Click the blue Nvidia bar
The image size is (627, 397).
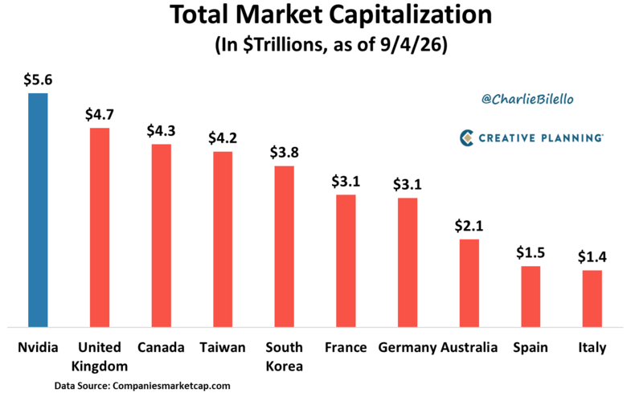[38, 211]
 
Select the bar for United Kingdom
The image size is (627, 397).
[100, 227]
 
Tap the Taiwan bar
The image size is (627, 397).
[223, 239]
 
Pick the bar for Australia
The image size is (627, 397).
[469, 284]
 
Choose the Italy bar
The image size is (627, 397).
[592, 299]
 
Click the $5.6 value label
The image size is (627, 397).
[38, 80]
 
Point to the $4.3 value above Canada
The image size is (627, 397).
[161, 131]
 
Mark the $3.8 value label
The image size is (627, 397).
[285, 153]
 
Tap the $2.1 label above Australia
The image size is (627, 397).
[469, 226]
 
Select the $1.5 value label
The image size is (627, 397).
[531, 252]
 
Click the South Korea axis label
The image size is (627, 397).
[285, 357]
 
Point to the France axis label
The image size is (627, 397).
[346, 347]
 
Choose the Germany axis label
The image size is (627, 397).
[408, 348]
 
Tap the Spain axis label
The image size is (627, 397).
[531, 348]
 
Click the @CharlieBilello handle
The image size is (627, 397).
[527, 99]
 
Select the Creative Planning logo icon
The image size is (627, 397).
[467, 138]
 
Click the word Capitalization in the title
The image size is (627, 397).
[410, 15]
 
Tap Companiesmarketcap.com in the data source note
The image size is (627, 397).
[171, 386]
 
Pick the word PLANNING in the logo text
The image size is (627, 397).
[572, 138]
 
